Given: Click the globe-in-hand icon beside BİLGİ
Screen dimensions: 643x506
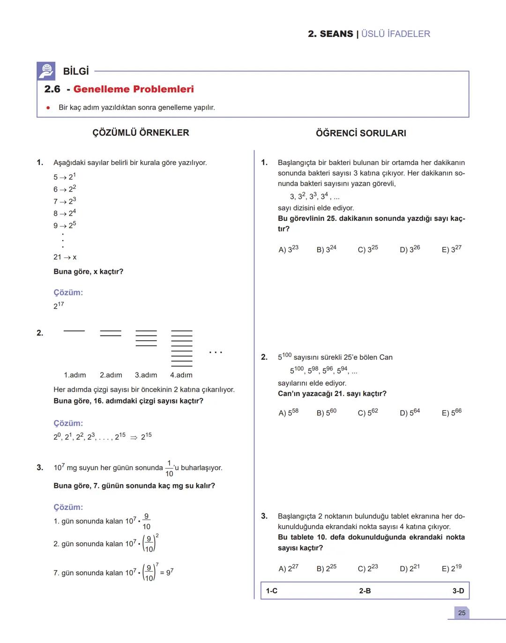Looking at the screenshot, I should tap(46, 71).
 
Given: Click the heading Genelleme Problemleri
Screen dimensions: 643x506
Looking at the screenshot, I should tap(134, 89).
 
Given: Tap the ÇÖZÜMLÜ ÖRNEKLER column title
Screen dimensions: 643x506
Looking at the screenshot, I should tap(141, 133).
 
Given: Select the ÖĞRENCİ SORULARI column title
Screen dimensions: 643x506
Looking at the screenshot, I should tap(361, 133).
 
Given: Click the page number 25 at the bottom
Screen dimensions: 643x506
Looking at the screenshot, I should tap(462, 613).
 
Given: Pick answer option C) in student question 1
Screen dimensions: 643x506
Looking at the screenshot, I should tap(368, 249).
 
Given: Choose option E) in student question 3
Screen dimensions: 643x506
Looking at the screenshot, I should tap(452, 568).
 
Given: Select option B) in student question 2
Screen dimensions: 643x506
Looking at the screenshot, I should tap(327, 412).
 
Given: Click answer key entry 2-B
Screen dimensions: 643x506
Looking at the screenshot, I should tap(365, 591).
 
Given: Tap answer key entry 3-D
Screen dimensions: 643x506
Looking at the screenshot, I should tap(458, 591).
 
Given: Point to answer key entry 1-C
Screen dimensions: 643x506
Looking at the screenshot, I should tap(272, 591).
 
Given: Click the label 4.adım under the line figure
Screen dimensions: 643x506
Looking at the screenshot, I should tap(181, 375).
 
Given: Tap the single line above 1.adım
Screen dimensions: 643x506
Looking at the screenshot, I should tap(74, 331).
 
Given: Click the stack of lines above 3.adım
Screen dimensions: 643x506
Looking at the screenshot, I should tap(146, 338).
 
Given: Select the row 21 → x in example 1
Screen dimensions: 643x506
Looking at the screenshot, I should tap(65, 257).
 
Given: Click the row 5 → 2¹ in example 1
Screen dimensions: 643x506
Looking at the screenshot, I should tap(65, 177).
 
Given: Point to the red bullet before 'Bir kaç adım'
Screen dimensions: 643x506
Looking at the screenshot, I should tap(48, 108).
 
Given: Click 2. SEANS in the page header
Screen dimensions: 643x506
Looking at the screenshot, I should tap(330, 34).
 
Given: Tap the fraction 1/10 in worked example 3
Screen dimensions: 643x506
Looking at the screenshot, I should tap(169, 468).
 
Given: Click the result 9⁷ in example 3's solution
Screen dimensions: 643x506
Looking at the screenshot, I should tap(170, 572).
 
